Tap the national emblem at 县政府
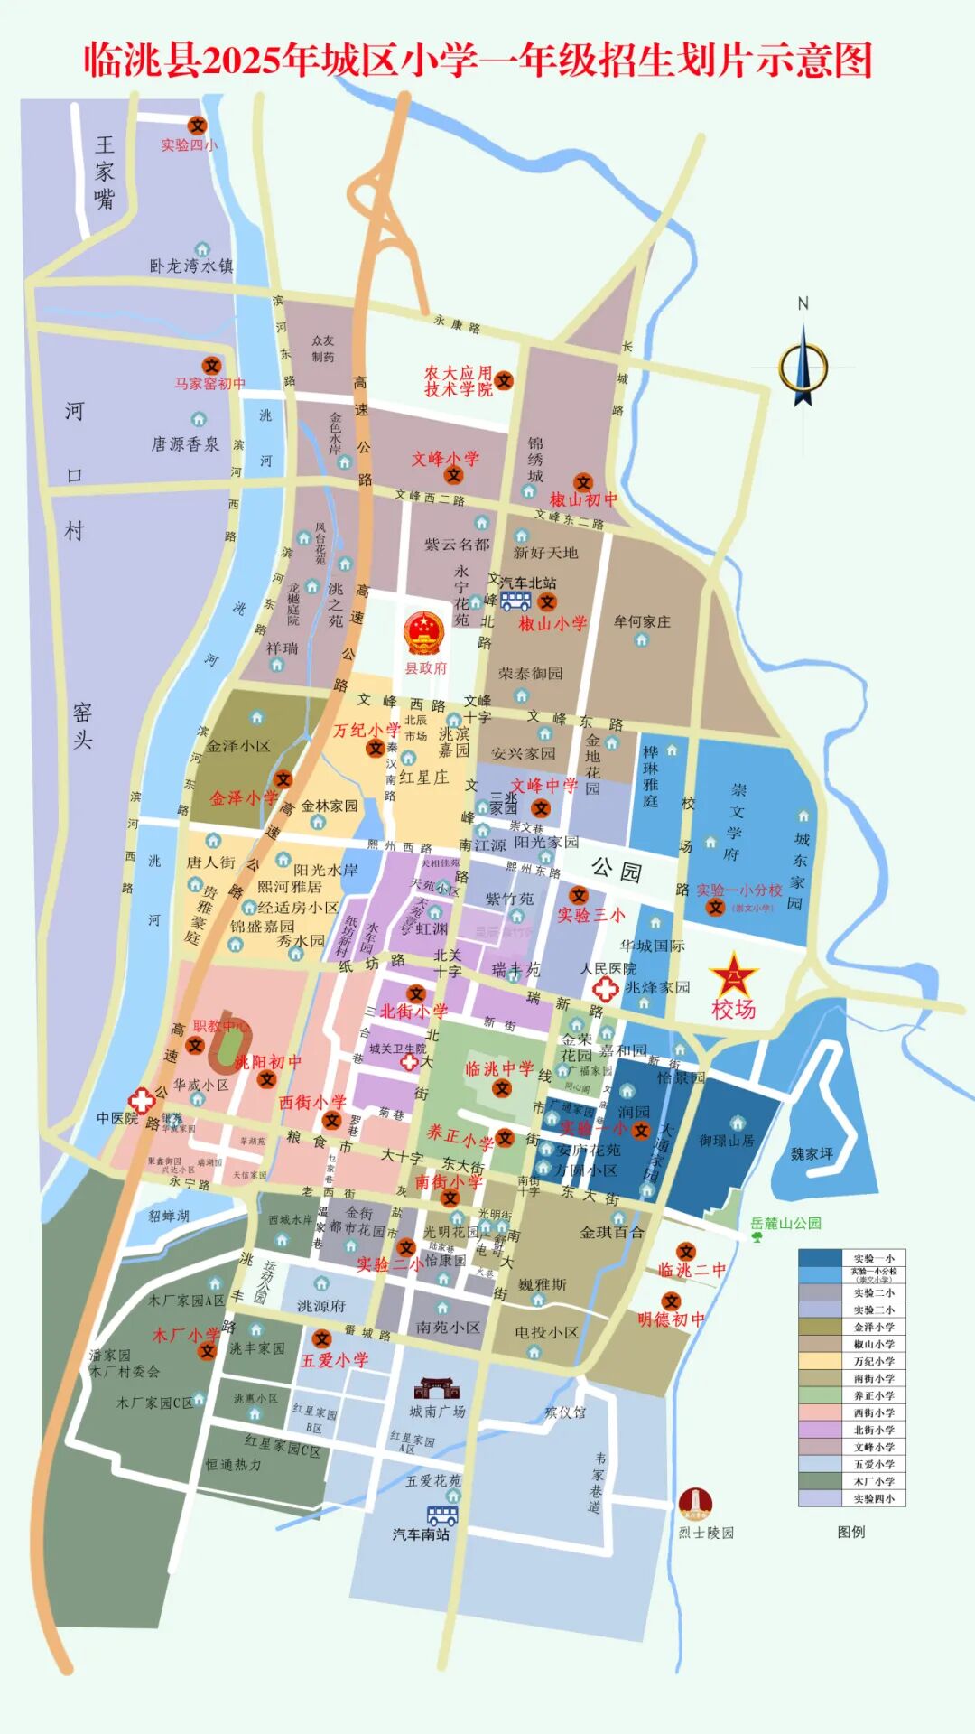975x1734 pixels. (424, 633)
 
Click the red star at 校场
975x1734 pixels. (734, 975)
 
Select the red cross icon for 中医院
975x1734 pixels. (141, 1100)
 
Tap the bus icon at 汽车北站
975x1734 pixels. (515, 601)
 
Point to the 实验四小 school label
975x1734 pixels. (189, 145)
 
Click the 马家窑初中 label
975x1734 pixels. (209, 384)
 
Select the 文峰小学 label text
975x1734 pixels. (445, 459)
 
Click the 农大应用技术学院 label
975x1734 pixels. (459, 381)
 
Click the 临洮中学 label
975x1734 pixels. (499, 1069)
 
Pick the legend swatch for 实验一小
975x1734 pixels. (820, 1258)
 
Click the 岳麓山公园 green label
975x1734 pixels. (785, 1224)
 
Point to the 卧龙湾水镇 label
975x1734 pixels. (190, 266)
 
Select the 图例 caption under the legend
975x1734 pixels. (850, 1532)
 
